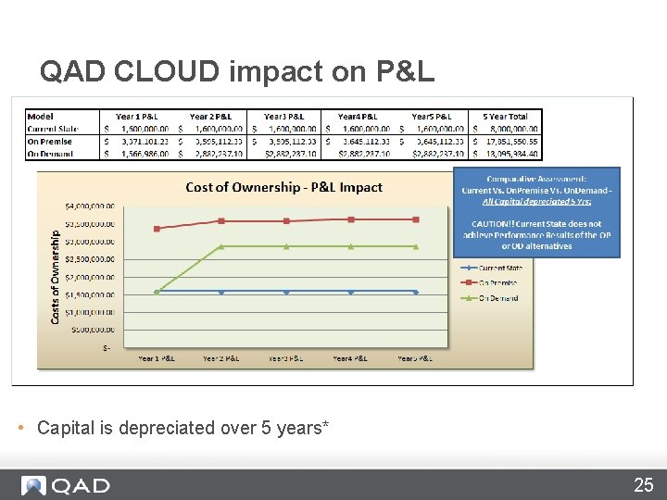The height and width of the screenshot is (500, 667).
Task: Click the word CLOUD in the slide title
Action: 171,71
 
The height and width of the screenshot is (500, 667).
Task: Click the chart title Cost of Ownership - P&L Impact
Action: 283,187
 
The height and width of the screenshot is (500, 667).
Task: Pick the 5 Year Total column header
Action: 505,116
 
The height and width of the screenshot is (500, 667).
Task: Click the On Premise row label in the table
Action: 50,141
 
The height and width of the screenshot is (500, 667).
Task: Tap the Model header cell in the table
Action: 41,116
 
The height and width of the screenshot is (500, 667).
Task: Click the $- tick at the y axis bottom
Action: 107,347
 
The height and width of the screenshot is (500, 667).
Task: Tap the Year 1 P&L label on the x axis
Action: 157,357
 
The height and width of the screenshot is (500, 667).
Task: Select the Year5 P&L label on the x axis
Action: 416,357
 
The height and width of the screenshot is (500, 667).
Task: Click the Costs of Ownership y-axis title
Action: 56,276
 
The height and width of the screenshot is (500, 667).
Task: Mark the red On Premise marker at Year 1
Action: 157,228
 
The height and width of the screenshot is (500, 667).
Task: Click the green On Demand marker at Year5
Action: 416,246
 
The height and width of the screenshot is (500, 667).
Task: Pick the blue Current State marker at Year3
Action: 286,292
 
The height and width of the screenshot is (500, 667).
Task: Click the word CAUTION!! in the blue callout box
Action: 496,223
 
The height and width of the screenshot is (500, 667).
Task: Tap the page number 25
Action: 643,484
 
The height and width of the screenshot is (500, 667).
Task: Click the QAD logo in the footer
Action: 67,485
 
